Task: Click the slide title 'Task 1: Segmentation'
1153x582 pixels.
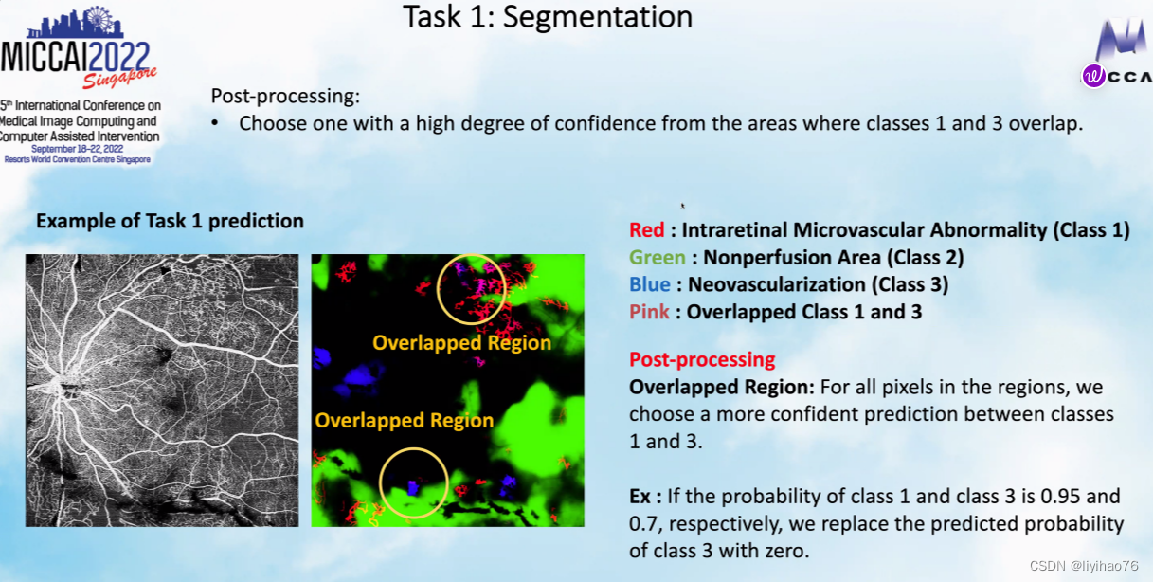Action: [x=548, y=17]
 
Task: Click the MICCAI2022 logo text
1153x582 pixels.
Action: [x=75, y=57]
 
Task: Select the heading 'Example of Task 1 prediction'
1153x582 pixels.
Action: [x=170, y=221]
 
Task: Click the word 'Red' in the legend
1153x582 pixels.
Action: [x=646, y=229]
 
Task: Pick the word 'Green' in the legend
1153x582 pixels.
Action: [x=658, y=257]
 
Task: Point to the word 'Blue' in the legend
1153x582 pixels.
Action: [x=650, y=284]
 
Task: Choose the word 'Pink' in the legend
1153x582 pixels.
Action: [x=649, y=312]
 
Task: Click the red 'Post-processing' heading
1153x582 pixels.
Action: [x=702, y=360]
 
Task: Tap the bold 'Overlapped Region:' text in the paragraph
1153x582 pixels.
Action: [x=722, y=388]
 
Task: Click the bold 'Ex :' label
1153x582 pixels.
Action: [x=645, y=497]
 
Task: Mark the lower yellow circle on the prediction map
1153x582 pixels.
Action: [x=380, y=483]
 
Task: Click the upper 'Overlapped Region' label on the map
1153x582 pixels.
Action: [x=461, y=343]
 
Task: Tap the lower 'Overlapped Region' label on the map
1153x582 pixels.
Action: [x=404, y=420]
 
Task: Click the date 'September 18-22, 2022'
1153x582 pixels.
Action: [x=77, y=149]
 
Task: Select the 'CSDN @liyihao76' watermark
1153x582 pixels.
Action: [x=1084, y=566]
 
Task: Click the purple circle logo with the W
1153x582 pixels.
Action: [x=1093, y=77]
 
